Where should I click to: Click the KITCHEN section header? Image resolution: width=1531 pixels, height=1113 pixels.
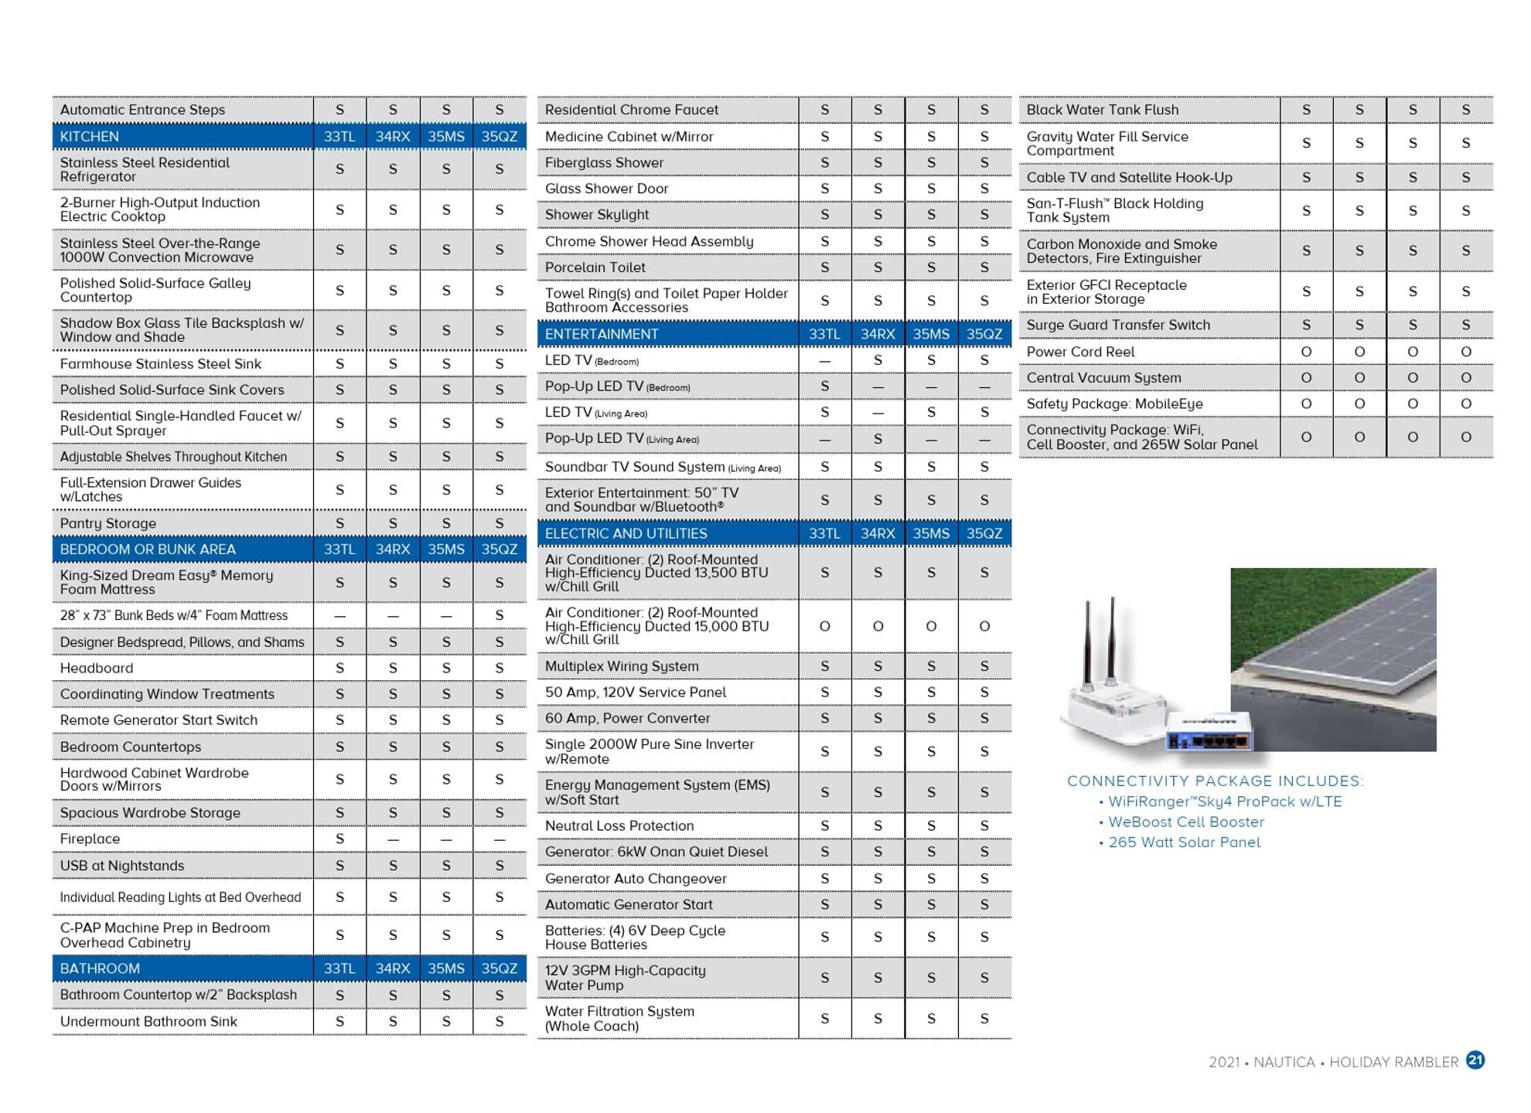(x=90, y=137)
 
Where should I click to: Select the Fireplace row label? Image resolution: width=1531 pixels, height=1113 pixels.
(x=90, y=839)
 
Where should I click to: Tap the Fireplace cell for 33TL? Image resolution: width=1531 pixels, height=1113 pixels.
(x=339, y=839)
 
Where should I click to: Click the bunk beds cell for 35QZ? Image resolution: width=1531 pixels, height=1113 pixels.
(x=500, y=615)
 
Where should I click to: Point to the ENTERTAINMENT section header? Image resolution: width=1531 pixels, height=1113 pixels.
(x=602, y=334)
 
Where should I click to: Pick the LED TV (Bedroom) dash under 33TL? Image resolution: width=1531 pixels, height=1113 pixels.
(x=824, y=361)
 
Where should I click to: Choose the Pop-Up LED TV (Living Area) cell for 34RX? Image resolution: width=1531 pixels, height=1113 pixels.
(x=878, y=439)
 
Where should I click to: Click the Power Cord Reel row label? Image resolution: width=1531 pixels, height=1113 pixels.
(x=1080, y=352)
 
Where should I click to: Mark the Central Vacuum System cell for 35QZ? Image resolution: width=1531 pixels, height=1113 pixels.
(x=1465, y=378)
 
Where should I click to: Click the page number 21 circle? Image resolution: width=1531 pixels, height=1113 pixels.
(x=1475, y=1060)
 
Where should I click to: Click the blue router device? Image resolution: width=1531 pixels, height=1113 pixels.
(x=1208, y=731)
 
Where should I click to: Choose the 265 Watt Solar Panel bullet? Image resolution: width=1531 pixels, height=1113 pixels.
(x=1184, y=842)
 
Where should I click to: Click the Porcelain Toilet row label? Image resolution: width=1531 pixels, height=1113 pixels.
(x=595, y=267)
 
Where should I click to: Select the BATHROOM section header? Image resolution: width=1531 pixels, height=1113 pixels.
(x=100, y=968)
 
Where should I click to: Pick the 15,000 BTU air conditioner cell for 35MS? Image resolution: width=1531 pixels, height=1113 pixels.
(x=931, y=626)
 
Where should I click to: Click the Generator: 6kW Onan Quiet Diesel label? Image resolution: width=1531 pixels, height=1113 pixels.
(x=656, y=852)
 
